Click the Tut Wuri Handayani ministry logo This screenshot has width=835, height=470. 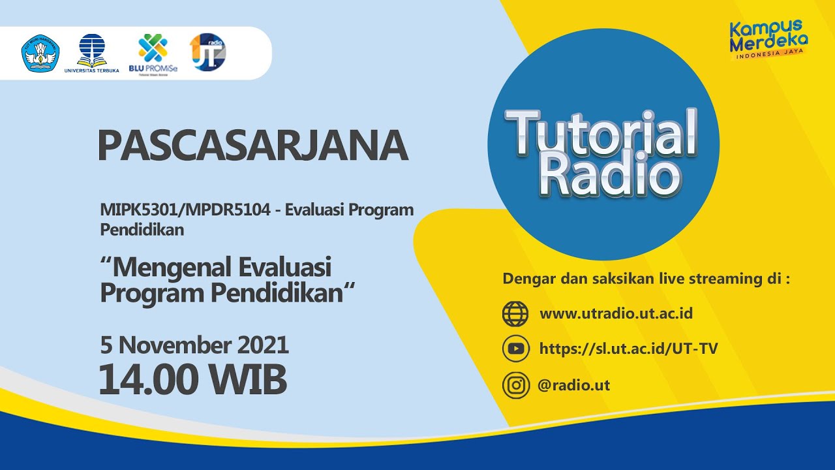point(41,54)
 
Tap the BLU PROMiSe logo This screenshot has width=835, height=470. point(153,54)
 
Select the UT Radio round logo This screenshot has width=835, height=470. point(208,52)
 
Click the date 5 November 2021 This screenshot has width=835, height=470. point(194,344)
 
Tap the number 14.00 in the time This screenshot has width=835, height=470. point(148,379)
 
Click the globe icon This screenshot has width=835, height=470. point(515,314)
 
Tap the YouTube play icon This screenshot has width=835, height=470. point(515,349)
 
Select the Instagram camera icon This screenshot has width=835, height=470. point(515,385)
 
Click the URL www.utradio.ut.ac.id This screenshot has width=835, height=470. point(616,313)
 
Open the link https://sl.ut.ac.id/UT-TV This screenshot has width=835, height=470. point(628,349)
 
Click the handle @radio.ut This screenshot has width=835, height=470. point(574,385)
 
